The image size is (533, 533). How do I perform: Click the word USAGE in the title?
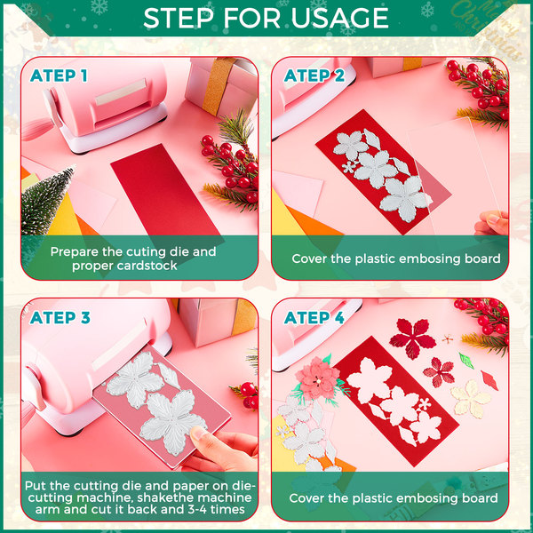tap(339, 18)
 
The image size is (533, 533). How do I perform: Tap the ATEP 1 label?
tap(59, 76)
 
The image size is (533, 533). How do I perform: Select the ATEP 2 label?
tap(314, 76)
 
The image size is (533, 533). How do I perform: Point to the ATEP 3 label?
tap(60, 317)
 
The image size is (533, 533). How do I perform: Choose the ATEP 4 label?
tap(314, 317)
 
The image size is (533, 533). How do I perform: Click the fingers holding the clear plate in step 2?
tap(492, 223)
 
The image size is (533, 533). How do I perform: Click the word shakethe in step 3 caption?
tap(164, 497)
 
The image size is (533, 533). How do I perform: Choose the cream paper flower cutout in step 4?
tap(471, 399)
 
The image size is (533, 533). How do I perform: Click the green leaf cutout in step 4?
tap(466, 361)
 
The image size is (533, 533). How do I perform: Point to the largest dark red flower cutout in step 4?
tap(412, 338)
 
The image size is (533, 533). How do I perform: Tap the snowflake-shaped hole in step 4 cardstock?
tap(425, 404)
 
